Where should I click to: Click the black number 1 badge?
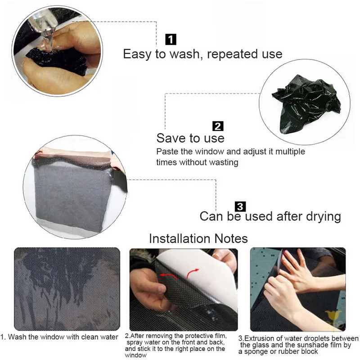click(x=171, y=40)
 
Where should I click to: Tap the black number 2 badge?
click(x=218, y=126)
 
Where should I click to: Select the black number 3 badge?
click(x=240, y=207)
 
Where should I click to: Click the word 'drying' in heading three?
click(x=323, y=217)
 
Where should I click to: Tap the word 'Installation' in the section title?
click(x=180, y=238)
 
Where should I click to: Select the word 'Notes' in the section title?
click(x=231, y=238)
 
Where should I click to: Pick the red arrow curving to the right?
click(x=193, y=272)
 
